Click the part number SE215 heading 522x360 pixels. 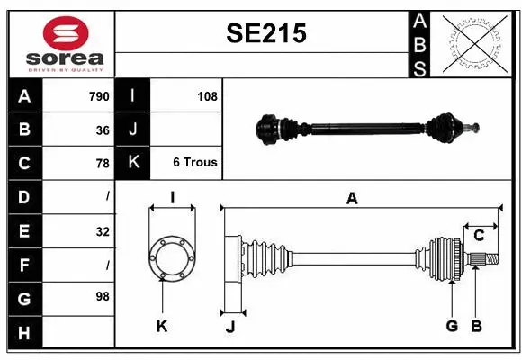265,33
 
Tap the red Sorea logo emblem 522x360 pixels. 66,35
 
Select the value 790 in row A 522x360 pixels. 99,96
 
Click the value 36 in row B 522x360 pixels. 103,130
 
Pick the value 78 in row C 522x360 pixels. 103,163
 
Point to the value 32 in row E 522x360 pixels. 103,231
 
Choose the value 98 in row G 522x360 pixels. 103,296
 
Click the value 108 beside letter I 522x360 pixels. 207,96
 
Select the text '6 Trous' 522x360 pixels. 194,163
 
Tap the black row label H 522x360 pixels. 24,333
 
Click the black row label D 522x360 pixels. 24,196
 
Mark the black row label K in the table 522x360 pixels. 133,163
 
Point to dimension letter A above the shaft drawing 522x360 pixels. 352,199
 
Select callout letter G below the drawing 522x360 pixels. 452,326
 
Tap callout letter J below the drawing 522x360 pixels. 229,327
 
